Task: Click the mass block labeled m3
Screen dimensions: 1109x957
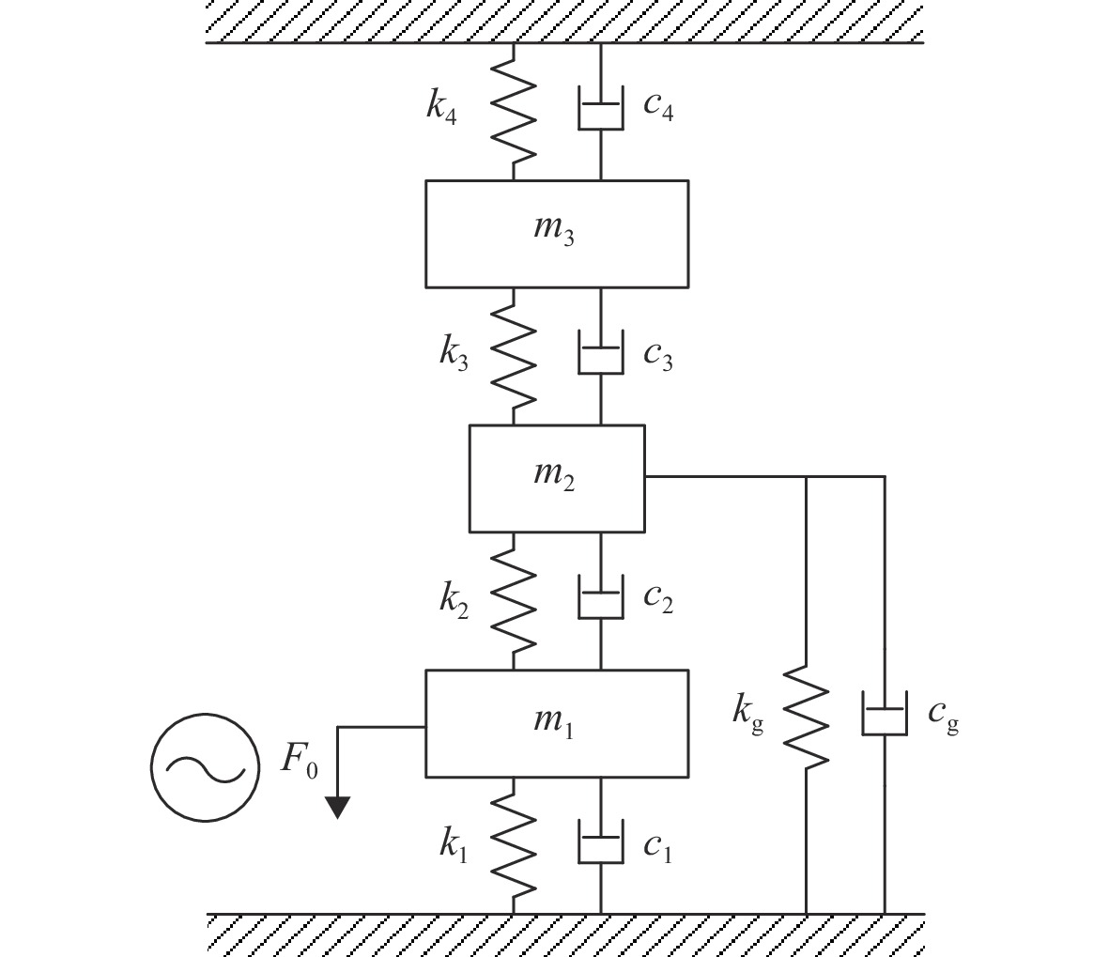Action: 557,234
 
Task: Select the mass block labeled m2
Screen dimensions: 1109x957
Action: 557,478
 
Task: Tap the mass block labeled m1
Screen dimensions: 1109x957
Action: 557,723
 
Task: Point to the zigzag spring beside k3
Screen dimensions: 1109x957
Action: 514,357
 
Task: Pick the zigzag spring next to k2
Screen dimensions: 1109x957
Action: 514,601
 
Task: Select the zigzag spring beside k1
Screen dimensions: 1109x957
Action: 514,846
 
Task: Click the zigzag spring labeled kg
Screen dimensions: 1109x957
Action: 806,715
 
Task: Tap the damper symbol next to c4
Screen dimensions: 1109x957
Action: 601,108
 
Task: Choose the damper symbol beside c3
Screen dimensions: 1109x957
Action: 601,352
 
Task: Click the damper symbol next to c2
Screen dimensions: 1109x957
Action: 601,597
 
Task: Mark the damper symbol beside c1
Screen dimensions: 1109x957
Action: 601,841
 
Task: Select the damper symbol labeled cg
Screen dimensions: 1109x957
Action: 884,713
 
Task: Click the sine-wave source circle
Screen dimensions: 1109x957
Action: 205,767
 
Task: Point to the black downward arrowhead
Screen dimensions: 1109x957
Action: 337,808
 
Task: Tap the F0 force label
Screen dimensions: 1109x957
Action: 300,760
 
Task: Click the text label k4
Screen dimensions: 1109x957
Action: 441,107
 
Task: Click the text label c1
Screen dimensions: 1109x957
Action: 657,847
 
